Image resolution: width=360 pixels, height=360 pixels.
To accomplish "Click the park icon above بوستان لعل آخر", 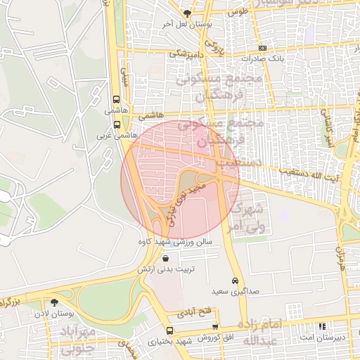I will pyautogui.click(x=187, y=13).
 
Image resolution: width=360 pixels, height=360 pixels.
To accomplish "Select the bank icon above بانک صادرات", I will pyautogui.click(x=262, y=48).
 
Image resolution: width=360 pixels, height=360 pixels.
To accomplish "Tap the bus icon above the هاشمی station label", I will pyautogui.click(x=116, y=99).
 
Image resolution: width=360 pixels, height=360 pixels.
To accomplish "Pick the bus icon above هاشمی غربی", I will pyautogui.click(x=117, y=124).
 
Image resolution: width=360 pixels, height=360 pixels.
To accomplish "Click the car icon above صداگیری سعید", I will pyautogui.click(x=235, y=279).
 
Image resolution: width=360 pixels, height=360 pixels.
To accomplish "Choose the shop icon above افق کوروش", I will pyautogui.click(x=215, y=327).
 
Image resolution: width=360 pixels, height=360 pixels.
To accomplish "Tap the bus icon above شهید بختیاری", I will pyautogui.click(x=169, y=330).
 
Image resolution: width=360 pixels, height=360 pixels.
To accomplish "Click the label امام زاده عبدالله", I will pyautogui.click(x=262, y=332).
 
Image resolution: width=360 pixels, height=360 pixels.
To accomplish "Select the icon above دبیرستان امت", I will pyautogui.click(x=322, y=327).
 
